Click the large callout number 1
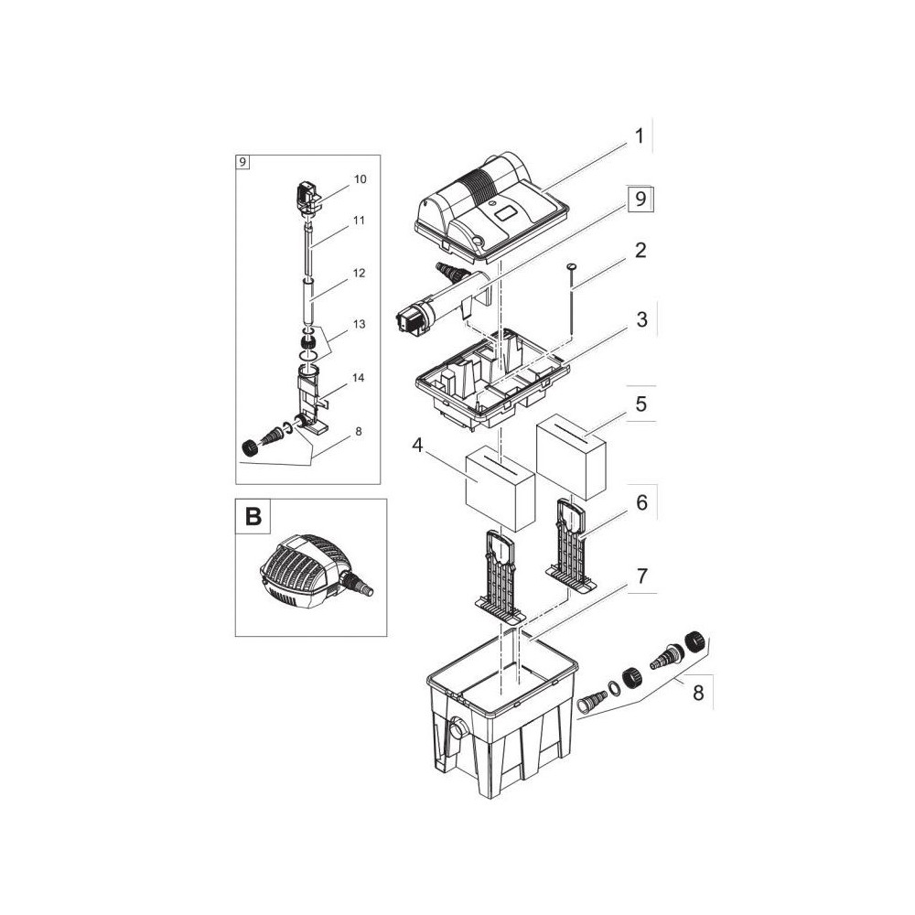tap(639, 136)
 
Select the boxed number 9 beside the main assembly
tap(640, 199)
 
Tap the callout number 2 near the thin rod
tap(640, 251)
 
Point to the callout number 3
tap(642, 319)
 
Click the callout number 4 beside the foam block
tap(416, 445)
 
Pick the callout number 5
tap(641, 404)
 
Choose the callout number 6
tap(642, 502)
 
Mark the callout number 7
tap(642, 576)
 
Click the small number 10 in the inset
tap(360, 179)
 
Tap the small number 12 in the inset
tap(359, 273)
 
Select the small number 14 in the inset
tap(359, 378)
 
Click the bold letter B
tap(253, 517)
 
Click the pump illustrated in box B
tap(315, 572)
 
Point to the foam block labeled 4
tap(501, 489)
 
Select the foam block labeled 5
tap(571, 457)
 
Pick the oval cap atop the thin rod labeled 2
tap(570, 266)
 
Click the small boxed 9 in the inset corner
tap(242, 162)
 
